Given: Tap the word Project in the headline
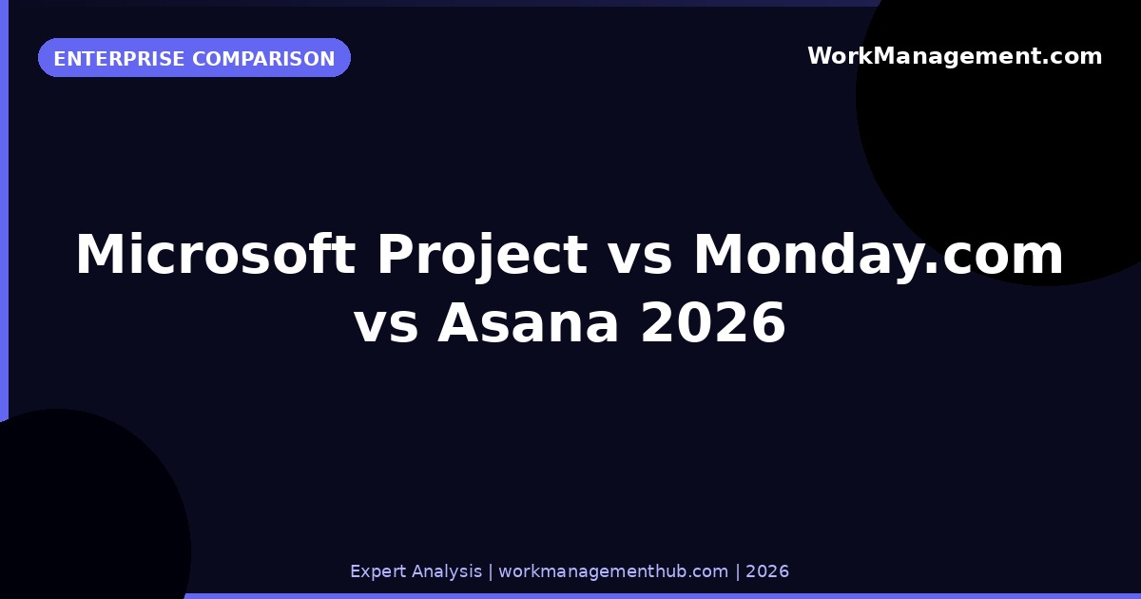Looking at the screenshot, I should pyautogui.click(x=481, y=255).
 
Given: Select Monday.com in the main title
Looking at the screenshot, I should pyautogui.click(x=879, y=255).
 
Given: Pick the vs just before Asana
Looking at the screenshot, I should pyautogui.click(x=386, y=323).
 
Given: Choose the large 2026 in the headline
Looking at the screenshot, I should pyautogui.click(x=713, y=323).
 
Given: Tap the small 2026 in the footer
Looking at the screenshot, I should pyautogui.click(x=767, y=571).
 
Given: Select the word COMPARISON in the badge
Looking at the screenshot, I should pyautogui.click(x=263, y=59).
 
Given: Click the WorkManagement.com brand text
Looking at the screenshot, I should pyautogui.click(x=955, y=56).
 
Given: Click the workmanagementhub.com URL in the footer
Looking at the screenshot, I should pyautogui.click(x=613, y=571).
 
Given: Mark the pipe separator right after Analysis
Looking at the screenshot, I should pyautogui.click(x=491, y=571).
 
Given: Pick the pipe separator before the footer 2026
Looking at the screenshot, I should pyautogui.click(x=737, y=571).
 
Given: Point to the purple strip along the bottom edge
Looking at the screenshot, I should pyautogui.click(x=666, y=595).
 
